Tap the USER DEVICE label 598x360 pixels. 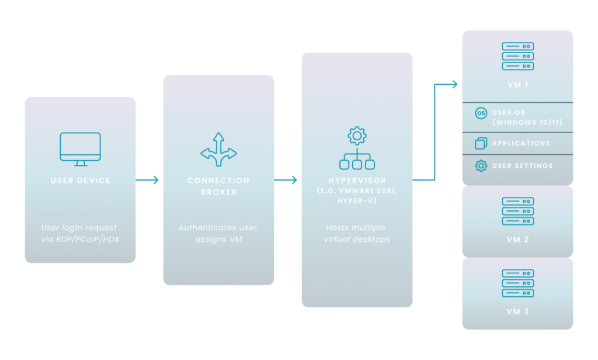(x=81, y=181)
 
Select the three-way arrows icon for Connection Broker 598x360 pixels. (x=218, y=147)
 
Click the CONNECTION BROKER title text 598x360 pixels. (x=218, y=186)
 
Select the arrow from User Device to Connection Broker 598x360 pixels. (x=148, y=181)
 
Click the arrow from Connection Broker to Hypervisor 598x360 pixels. (x=287, y=181)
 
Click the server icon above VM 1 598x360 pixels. (x=517, y=56)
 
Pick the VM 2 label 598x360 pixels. (x=517, y=240)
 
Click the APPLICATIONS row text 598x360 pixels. (x=521, y=143)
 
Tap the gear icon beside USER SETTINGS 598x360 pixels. (x=481, y=166)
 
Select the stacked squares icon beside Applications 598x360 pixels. (x=481, y=143)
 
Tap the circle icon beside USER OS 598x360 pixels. (x=481, y=113)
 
